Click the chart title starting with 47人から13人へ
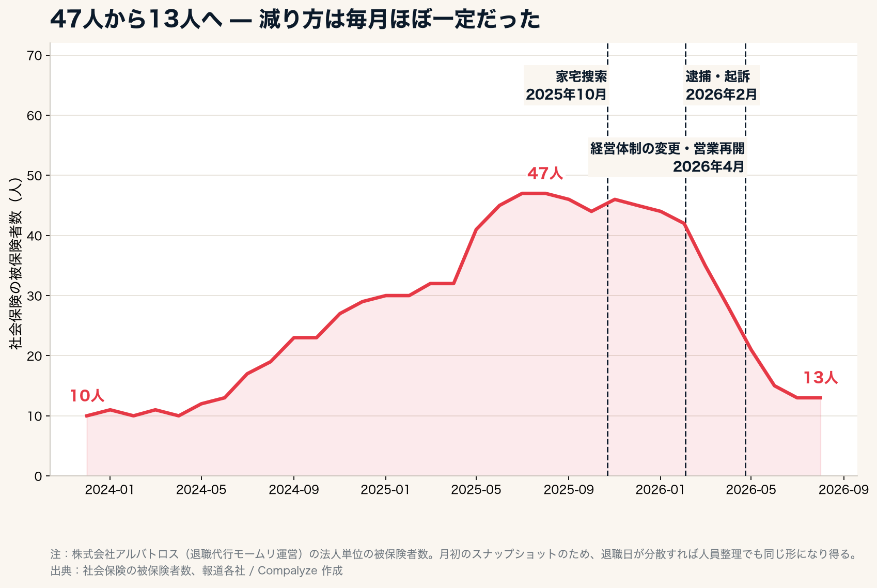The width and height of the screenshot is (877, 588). point(295,19)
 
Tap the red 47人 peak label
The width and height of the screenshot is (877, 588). point(545,174)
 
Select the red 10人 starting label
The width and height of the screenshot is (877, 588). point(87,396)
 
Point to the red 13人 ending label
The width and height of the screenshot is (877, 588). point(821,378)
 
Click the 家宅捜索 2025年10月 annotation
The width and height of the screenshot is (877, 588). point(566,85)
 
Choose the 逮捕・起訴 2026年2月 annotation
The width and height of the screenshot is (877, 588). point(721,85)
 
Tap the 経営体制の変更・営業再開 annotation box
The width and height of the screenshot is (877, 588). point(667,158)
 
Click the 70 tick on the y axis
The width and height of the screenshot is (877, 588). point(35,56)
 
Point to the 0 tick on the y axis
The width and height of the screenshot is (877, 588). point(38,476)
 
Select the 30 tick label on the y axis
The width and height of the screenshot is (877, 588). point(35,296)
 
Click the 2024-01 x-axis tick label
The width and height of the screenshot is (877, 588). point(109,490)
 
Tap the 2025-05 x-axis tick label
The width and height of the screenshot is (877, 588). point(476,490)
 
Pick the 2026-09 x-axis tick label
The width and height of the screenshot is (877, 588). point(844,490)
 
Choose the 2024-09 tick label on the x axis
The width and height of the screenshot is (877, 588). point(294,490)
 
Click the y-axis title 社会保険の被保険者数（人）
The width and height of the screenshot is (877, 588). point(15,263)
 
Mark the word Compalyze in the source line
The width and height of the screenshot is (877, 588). point(287,571)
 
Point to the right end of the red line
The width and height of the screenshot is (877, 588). point(821,398)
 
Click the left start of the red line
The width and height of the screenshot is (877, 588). point(86,416)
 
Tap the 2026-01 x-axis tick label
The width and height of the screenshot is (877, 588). point(660,490)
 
